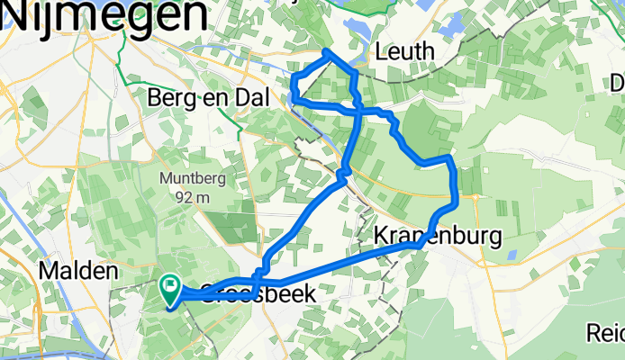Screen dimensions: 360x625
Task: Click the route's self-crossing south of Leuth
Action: pyautogui.click(x=358, y=110)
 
